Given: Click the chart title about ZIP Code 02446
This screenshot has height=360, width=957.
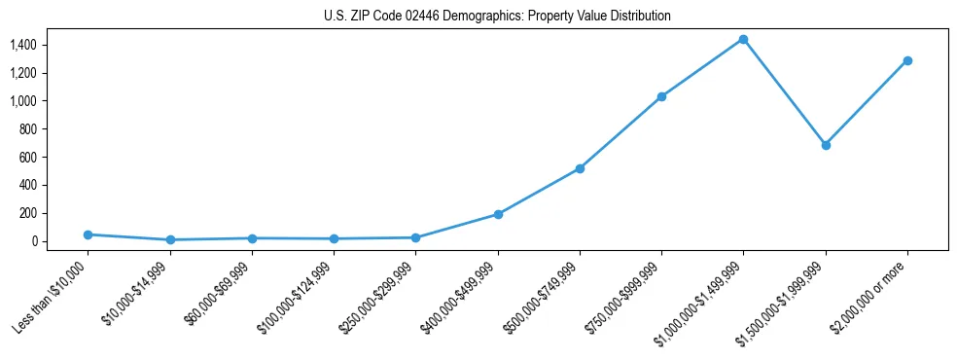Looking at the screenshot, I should [497, 17].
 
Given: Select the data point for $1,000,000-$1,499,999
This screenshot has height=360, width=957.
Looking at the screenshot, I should [743, 40].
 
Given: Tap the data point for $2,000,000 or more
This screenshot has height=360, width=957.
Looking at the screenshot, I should [907, 60].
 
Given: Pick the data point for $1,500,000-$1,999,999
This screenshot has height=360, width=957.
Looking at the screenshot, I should [826, 145].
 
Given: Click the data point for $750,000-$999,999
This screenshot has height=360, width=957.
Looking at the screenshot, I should [661, 96].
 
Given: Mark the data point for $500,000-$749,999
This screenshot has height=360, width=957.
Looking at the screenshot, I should [580, 168].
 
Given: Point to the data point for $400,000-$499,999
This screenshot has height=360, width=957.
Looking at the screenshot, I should [498, 214].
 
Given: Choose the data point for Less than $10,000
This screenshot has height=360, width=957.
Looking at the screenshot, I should [89, 234].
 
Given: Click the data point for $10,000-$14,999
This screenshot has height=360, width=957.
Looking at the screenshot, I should [170, 239].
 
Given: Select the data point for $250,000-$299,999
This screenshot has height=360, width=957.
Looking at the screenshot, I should [416, 237].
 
